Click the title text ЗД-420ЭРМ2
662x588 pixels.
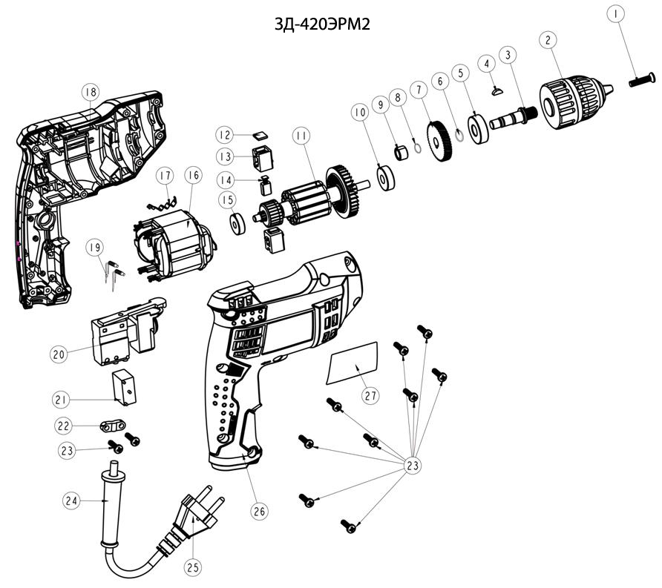tap(322, 24)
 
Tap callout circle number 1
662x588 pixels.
tap(615, 13)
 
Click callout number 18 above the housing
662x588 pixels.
tap(91, 92)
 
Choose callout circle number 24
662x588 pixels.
tap(71, 501)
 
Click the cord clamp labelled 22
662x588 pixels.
tap(112, 427)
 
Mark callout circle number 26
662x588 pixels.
tap(259, 510)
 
